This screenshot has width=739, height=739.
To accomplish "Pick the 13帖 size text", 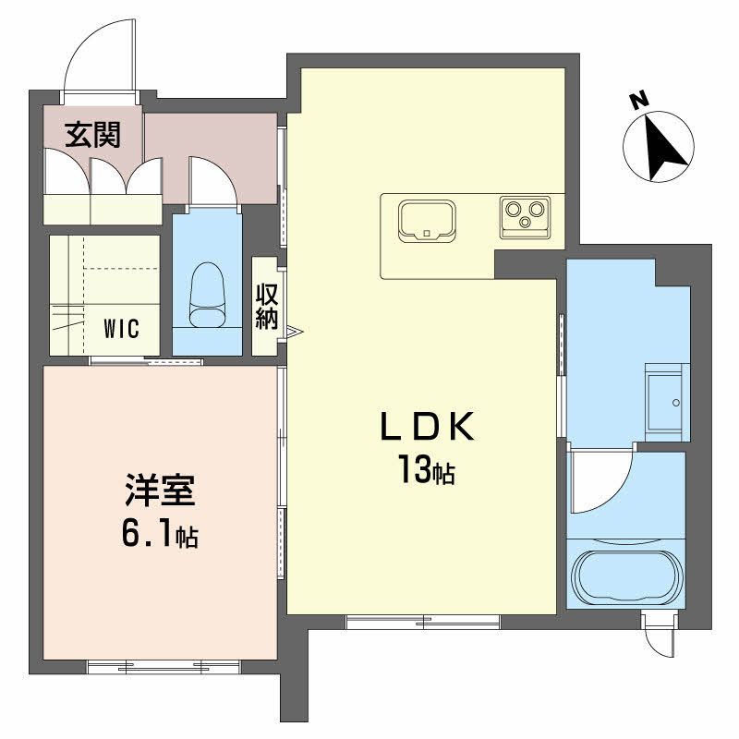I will pos(426,472).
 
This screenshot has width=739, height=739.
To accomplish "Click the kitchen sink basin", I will pos(426,222).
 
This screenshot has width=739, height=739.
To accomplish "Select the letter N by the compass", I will pos(636,100).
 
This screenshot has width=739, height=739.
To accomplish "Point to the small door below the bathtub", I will pos(662,636).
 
